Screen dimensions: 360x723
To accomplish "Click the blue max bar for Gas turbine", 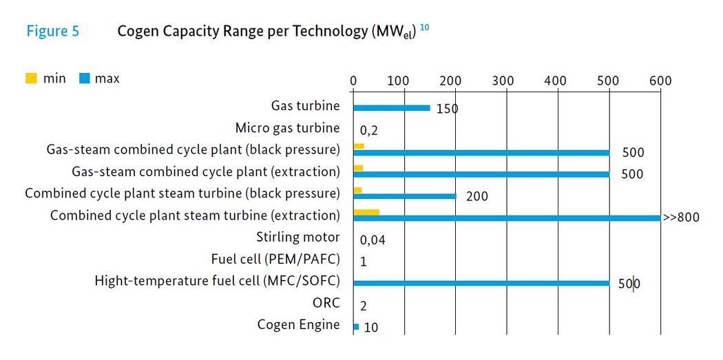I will (391, 108).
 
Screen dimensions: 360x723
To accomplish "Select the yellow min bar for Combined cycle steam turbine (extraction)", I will (366, 212).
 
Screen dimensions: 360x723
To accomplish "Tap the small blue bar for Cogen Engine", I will (356, 327).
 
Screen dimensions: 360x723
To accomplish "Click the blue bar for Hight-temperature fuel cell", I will (481, 283).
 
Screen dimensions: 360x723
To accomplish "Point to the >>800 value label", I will (681, 218).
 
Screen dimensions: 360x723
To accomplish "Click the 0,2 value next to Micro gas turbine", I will (369, 130).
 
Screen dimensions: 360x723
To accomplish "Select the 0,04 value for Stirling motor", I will (373, 240).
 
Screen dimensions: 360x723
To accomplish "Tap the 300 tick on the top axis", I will (503, 81).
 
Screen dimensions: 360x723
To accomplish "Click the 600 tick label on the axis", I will (660, 81).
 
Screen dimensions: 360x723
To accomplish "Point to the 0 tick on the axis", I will (353, 81).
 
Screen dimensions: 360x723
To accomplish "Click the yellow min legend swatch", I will (32, 78).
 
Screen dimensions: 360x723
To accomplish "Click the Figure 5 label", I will (52, 32).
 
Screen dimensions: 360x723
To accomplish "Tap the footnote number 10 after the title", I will (425, 28).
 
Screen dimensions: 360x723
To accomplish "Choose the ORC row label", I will (326, 303).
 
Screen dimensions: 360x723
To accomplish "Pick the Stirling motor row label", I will (298, 237).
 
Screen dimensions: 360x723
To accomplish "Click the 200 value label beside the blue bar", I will (476, 197).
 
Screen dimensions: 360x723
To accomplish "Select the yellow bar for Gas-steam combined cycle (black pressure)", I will (358, 146).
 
